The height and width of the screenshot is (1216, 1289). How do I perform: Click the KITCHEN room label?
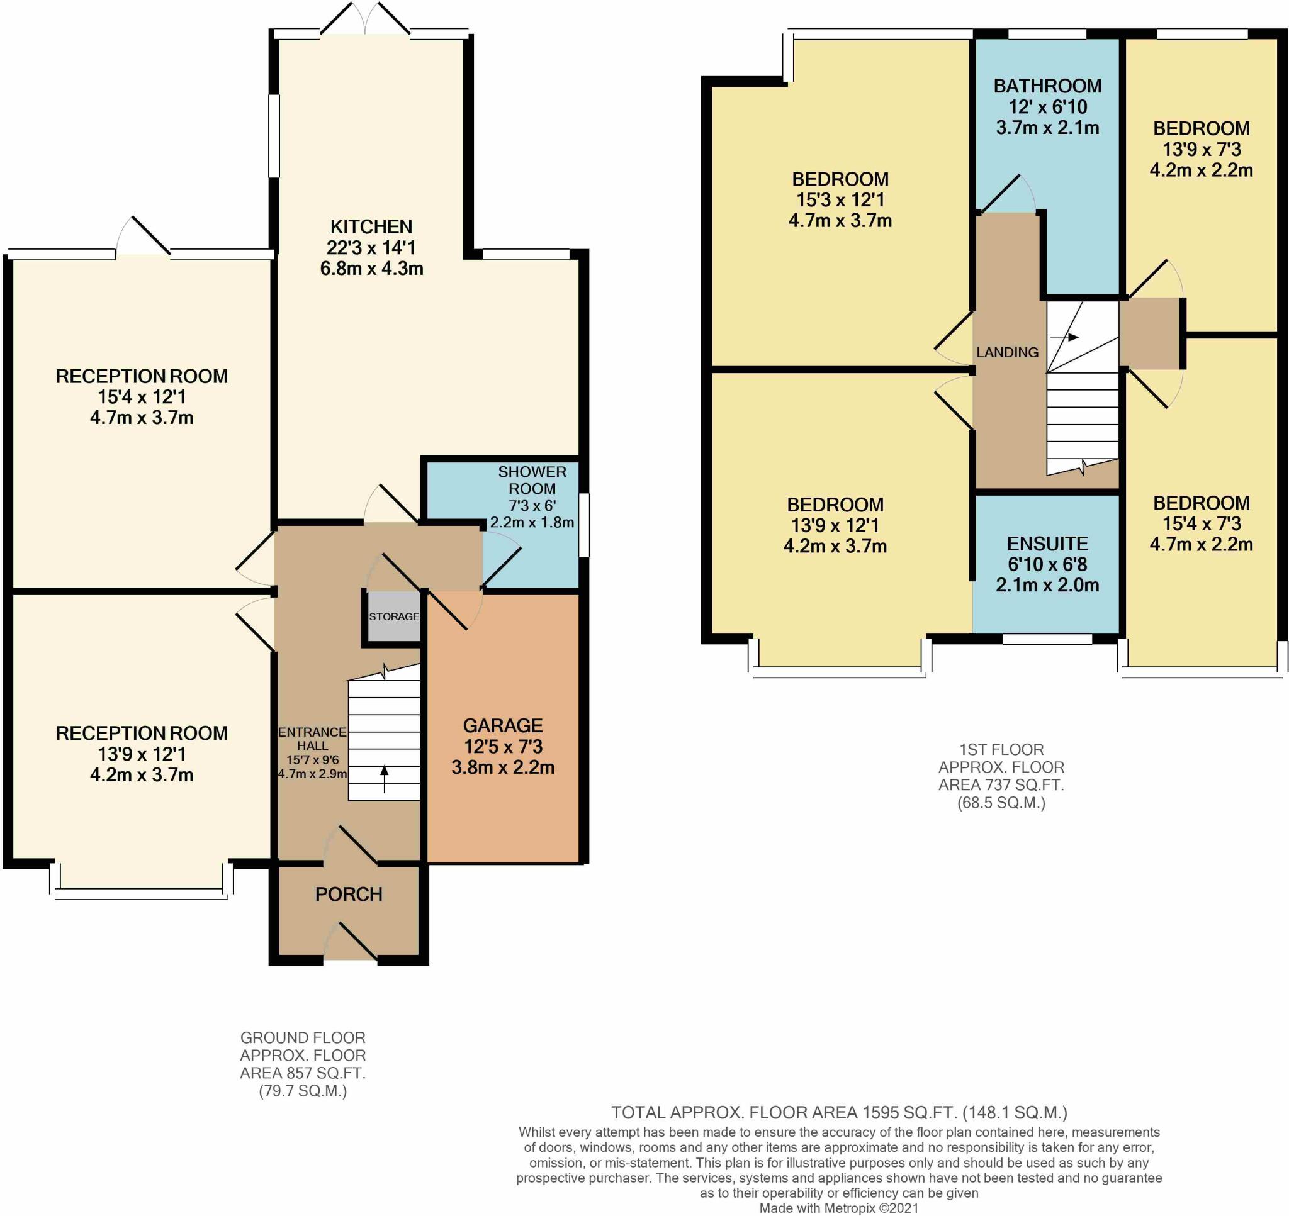[371, 227]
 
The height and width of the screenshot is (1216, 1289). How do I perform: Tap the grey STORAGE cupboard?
[393, 616]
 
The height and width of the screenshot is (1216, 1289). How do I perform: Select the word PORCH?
[349, 895]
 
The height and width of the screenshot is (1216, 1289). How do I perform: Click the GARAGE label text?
[502, 725]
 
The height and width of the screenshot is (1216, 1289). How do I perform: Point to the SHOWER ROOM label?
[532, 481]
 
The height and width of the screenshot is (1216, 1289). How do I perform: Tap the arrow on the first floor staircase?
[1064, 337]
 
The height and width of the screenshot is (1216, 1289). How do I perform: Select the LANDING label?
[1008, 352]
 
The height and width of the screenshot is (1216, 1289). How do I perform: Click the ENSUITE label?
[1047, 543]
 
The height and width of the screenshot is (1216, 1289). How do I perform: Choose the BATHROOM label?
[1047, 86]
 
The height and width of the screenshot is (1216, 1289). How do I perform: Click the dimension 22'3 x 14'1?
[371, 248]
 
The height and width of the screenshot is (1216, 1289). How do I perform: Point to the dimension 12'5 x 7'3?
[502, 746]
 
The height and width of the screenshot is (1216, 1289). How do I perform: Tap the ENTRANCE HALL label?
[312, 739]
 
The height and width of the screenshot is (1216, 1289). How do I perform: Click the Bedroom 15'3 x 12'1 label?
[840, 199]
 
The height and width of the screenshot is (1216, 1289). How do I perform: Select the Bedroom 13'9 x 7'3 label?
[1202, 149]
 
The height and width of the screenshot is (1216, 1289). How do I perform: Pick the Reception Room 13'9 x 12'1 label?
[142, 754]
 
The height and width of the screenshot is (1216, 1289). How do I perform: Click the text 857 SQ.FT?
[321, 1073]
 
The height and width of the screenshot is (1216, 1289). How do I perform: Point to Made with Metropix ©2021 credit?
[839, 1208]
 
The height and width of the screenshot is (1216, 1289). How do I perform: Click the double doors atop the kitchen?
[365, 18]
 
